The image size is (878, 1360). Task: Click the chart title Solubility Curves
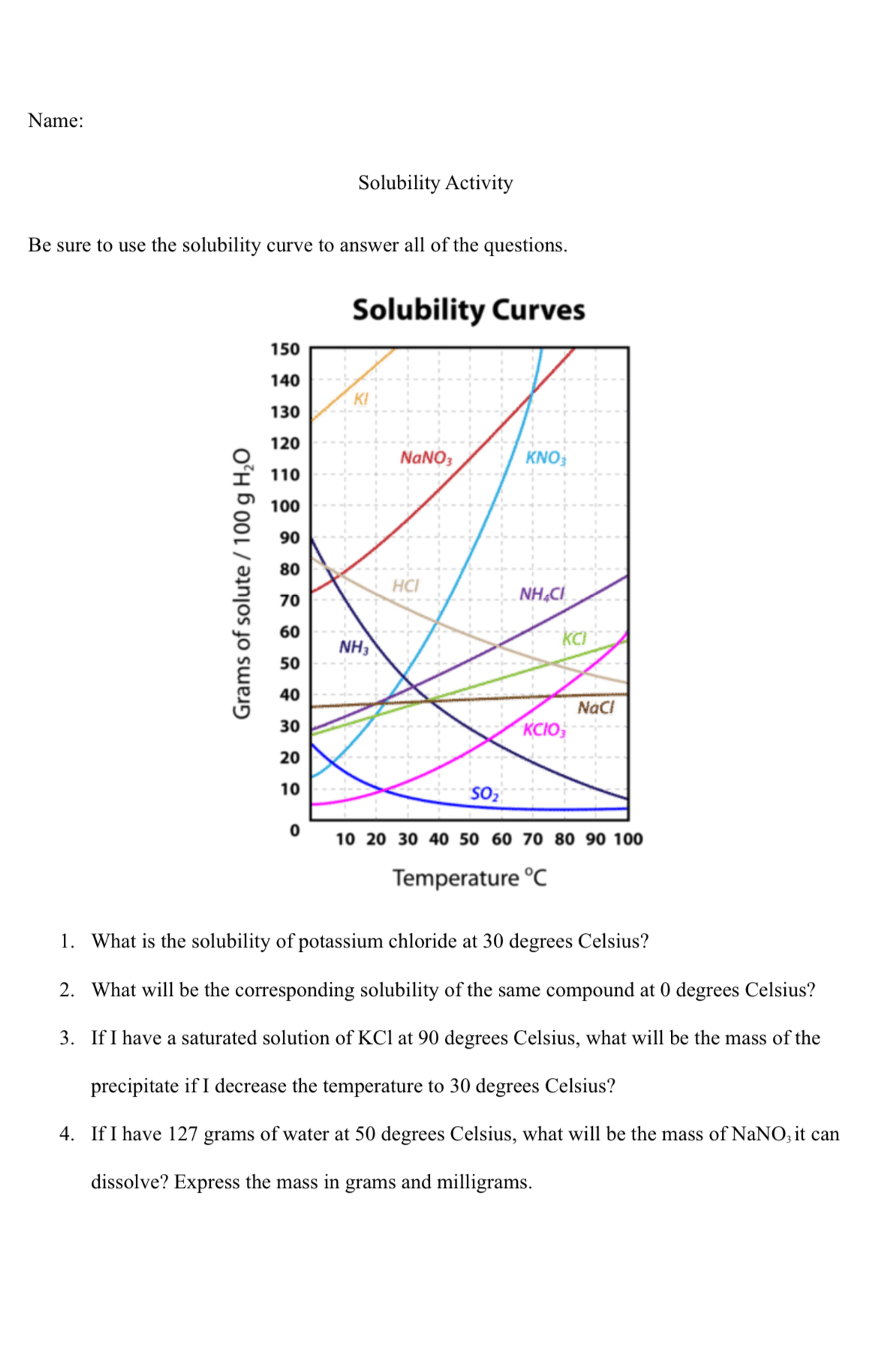(x=468, y=310)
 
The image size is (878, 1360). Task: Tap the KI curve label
(x=361, y=399)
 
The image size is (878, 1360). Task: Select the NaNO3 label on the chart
(x=425, y=458)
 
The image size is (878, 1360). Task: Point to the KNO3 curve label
(x=546, y=458)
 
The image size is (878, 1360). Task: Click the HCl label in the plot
(x=405, y=586)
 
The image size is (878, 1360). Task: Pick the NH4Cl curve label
(x=542, y=594)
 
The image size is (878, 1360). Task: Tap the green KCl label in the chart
(x=574, y=638)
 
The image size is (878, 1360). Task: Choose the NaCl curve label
(x=596, y=707)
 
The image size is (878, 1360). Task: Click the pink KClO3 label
(x=544, y=730)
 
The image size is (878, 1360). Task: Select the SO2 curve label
(x=485, y=794)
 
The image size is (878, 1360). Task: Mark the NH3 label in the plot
(x=353, y=647)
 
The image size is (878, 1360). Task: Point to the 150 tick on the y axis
(x=285, y=350)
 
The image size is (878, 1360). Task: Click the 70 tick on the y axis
(x=290, y=600)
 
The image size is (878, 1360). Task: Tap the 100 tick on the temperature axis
(x=628, y=839)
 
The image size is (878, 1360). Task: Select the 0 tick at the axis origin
(x=294, y=830)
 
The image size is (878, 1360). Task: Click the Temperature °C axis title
(x=470, y=878)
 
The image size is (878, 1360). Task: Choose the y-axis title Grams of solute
(x=242, y=584)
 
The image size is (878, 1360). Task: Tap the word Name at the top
(x=56, y=121)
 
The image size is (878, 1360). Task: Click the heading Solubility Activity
(x=435, y=183)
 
